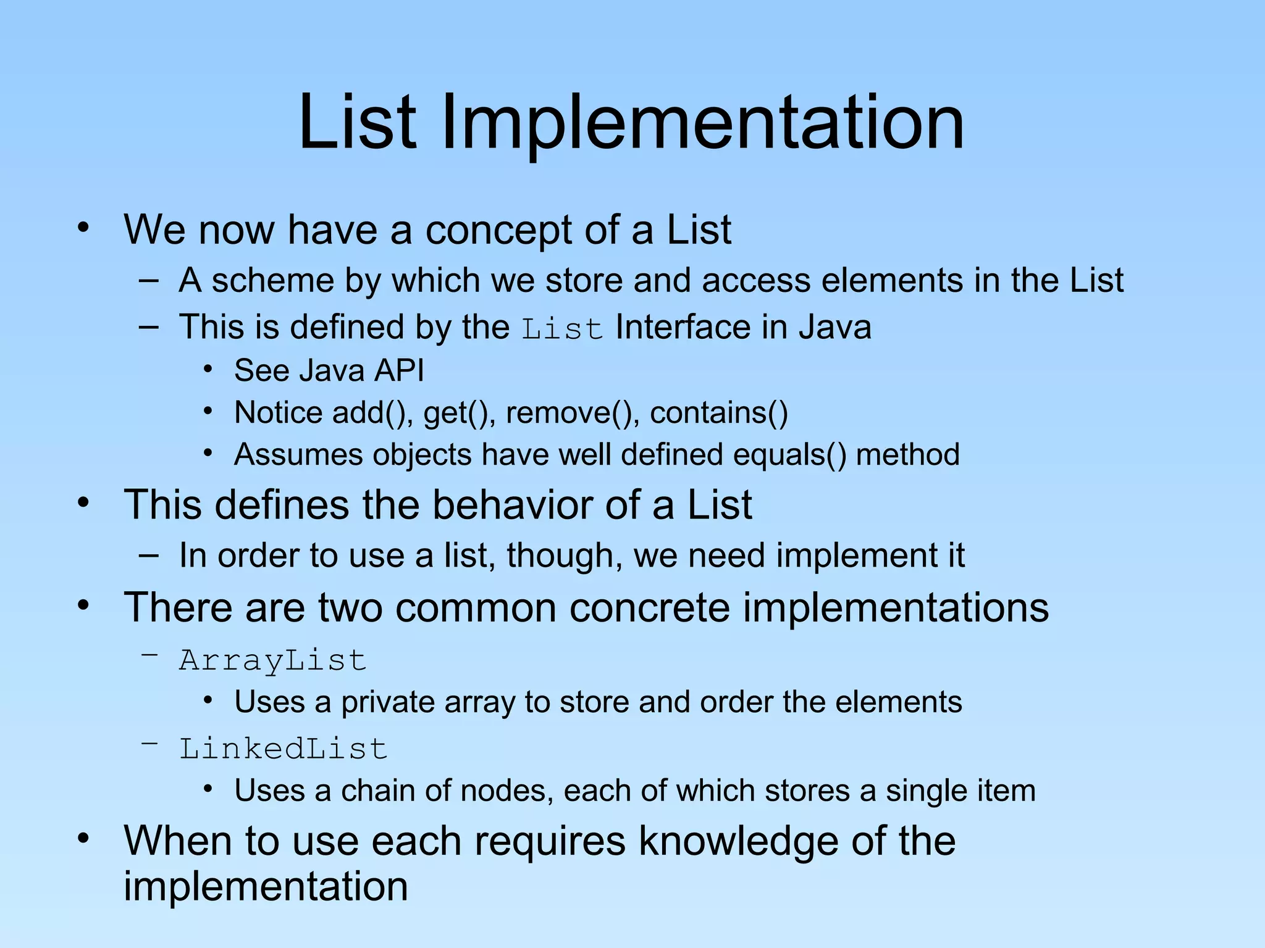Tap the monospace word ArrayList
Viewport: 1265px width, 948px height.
coord(272,661)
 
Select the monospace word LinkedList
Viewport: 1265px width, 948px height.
coord(283,749)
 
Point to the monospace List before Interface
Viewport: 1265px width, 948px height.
coord(562,329)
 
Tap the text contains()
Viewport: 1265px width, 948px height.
coord(719,412)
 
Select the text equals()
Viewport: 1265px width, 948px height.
coord(790,455)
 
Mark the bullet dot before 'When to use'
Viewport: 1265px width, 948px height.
coord(84,839)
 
